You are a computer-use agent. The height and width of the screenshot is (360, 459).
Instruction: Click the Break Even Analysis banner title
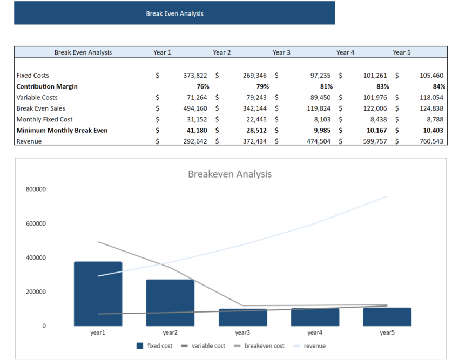[174, 13]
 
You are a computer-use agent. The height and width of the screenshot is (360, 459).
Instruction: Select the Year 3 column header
[281, 52]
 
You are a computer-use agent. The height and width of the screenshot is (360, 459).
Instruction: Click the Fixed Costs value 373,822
[195, 76]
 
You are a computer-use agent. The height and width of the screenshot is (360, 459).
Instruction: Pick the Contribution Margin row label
[47, 86]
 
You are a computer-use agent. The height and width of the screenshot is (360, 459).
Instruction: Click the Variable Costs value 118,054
[431, 98]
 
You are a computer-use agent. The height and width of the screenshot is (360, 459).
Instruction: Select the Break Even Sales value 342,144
[255, 108]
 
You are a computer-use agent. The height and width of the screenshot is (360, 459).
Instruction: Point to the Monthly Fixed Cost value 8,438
[376, 119]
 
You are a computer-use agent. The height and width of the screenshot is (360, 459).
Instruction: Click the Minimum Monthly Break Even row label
[62, 131]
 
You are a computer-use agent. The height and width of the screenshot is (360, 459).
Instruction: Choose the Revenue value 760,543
[431, 141]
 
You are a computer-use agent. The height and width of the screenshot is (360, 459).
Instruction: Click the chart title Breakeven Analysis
[230, 174]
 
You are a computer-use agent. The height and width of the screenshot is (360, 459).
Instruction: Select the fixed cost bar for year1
[98, 294]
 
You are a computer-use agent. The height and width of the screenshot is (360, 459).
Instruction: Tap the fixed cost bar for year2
[170, 302]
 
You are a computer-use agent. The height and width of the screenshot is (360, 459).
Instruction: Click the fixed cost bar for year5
[387, 317]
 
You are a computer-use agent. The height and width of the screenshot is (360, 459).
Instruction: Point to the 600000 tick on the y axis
[36, 223]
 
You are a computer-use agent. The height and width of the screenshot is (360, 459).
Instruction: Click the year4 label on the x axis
[315, 333]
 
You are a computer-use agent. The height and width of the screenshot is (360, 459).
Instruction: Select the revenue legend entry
[314, 345]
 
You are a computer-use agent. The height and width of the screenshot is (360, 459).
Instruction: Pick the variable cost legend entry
[207, 345]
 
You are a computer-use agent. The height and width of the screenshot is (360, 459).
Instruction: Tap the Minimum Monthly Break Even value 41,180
[195, 131]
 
